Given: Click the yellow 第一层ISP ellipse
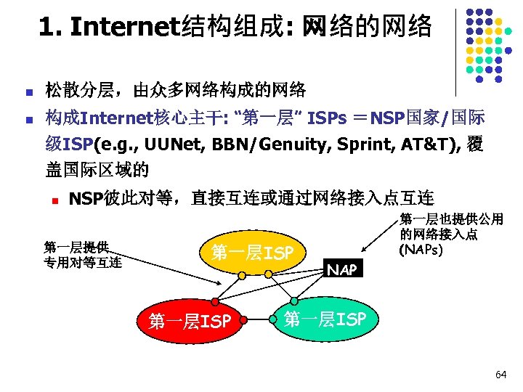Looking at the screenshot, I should point(251,253).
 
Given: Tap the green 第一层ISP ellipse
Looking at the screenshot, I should point(325,319).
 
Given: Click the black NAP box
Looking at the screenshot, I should point(341,270).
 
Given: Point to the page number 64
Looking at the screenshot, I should point(500,375).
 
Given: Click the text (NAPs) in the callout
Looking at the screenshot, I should point(421,248).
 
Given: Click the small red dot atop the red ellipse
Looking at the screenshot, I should point(215,301).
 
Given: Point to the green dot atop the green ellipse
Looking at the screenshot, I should point(294,301).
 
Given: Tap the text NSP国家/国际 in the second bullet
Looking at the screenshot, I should point(428,118).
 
